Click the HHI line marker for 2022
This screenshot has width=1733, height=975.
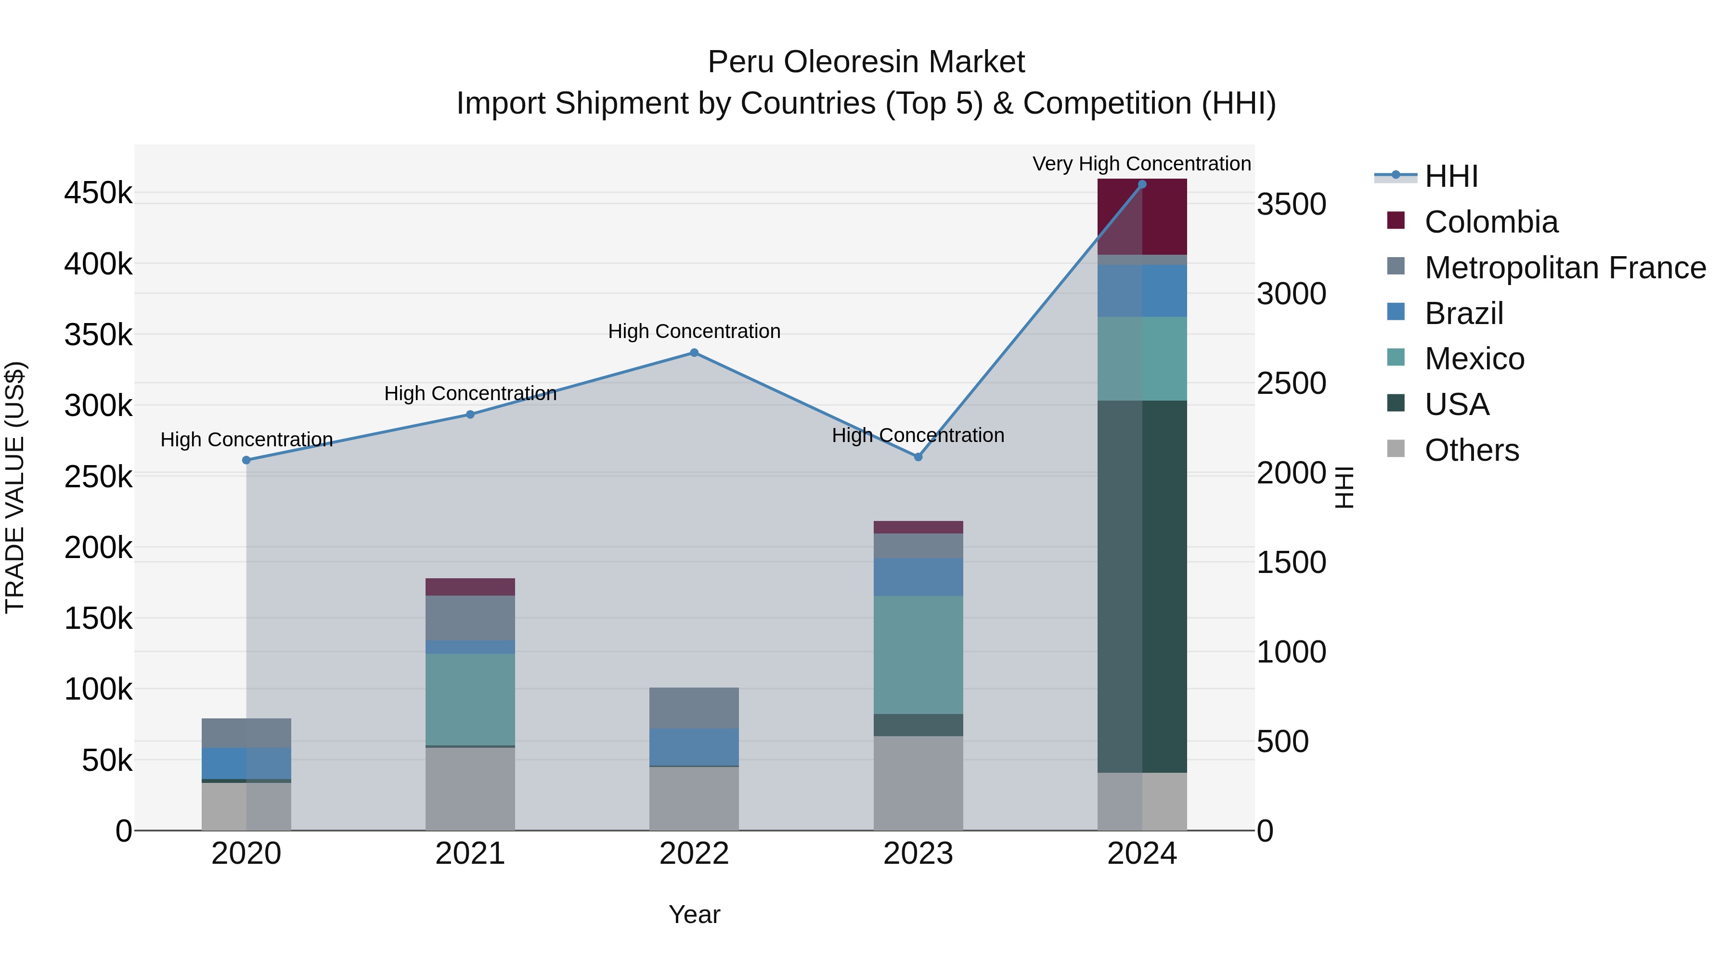pyautogui.click(x=694, y=352)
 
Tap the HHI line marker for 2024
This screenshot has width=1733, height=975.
pyautogui.click(x=1142, y=184)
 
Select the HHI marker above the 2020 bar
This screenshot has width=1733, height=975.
pyautogui.click(x=246, y=460)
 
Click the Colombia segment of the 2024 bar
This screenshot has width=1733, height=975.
pyautogui.click(x=1142, y=217)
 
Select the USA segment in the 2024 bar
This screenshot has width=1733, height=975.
pyautogui.click(x=1142, y=585)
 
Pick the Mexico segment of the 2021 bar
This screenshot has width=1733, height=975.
pyautogui.click(x=470, y=700)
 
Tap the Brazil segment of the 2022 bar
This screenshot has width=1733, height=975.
pyautogui.click(x=694, y=747)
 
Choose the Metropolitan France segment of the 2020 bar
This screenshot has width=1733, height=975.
pyautogui.click(x=246, y=733)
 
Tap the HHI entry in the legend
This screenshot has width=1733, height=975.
pyautogui.click(x=1451, y=176)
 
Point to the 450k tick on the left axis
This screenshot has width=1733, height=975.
pyautogui.click(x=98, y=194)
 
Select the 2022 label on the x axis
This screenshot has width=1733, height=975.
pyautogui.click(x=694, y=854)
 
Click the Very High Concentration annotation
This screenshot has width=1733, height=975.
pyautogui.click(x=1142, y=164)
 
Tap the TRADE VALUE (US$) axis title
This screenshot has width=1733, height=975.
pyautogui.click(x=15, y=487)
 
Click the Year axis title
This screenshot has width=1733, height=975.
pyautogui.click(x=694, y=914)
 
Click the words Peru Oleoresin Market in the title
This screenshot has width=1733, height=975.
pyautogui.click(x=866, y=62)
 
